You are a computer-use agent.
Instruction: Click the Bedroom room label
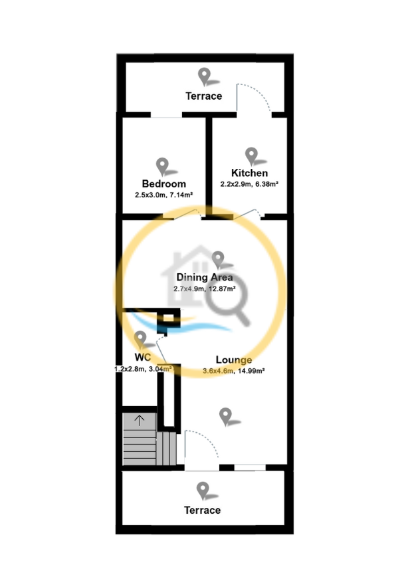click(x=163, y=183)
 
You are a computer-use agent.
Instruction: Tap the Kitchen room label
click(x=250, y=173)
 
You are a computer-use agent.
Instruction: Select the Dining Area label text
click(x=205, y=277)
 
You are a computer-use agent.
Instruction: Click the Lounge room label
click(x=234, y=360)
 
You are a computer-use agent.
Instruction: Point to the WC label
click(x=142, y=357)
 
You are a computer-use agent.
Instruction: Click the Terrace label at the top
click(x=204, y=96)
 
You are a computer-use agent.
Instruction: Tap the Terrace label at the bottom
click(x=202, y=510)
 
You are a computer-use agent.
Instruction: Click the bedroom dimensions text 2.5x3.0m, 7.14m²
click(x=163, y=195)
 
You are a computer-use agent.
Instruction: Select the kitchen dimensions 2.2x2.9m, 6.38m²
click(x=249, y=184)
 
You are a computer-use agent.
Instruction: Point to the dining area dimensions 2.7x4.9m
click(x=189, y=289)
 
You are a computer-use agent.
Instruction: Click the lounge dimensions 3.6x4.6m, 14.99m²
click(x=234, y=371)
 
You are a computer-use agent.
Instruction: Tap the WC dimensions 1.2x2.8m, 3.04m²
click(x=143, y=369)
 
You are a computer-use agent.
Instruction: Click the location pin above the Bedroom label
click(x=163, y=166)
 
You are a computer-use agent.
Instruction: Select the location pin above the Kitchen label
click(x=251, y=156)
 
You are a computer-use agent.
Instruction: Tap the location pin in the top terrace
click(x=205, y=76)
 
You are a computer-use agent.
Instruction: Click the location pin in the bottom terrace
click(x=203, y=491)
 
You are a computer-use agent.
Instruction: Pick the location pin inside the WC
click(x=140, y=340)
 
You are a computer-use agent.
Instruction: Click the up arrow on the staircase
click(x=139, y=420)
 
